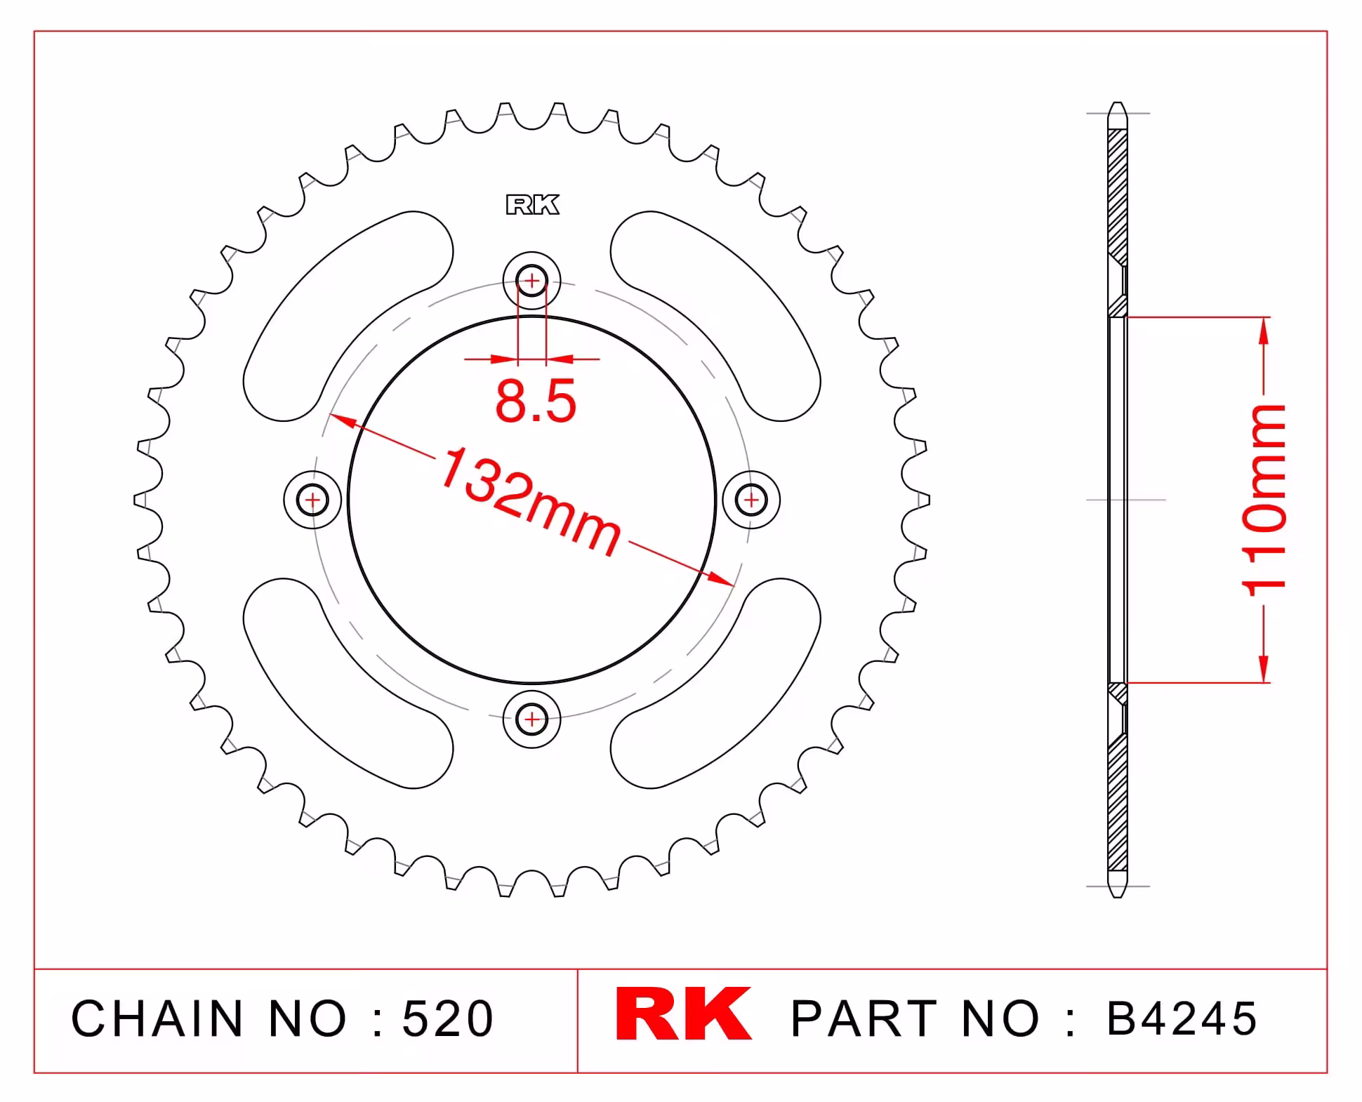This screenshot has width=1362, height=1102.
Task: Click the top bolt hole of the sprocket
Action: [x=532, y=281]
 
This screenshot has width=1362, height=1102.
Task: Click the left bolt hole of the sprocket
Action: [x=312, y=500]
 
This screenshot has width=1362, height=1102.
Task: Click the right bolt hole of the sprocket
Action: [x=751, y=500]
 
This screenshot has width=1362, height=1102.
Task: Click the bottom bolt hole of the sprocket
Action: [x=532, y=719]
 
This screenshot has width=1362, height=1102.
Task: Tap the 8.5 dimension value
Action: [x=536, y=401]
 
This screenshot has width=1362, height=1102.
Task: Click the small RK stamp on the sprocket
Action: [x=533, y=205]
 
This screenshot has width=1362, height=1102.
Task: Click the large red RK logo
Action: [x=683, y=1014]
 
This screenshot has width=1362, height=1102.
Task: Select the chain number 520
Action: [x=448, y=1018]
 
